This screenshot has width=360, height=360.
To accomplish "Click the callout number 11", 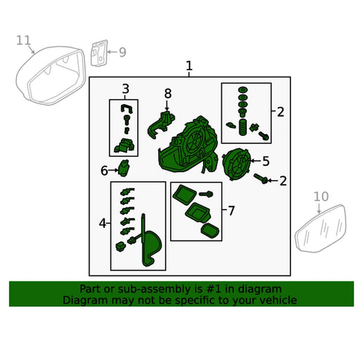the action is [23, 40].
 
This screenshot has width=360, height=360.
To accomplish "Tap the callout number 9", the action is [122, 52].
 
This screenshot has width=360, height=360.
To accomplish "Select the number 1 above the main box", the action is [189, 66].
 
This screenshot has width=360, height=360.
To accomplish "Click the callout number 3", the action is [126, 89].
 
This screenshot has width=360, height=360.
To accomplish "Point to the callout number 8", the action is [168, 94].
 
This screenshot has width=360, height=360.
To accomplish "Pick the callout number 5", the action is [266, 161].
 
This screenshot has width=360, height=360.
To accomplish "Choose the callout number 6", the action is [104, 171].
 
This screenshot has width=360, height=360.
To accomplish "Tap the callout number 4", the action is [103, 224].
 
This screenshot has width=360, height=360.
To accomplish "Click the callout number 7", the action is [231, 211].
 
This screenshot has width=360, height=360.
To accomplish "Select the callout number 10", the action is [321, 196].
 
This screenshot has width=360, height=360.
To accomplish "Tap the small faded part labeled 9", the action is [99, 53].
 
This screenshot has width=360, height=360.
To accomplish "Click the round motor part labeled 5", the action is [236, 164].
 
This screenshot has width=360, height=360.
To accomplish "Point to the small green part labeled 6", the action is [124, 167].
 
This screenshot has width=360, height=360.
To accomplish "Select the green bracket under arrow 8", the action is [160, 124].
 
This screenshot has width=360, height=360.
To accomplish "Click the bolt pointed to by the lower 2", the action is [261, 179].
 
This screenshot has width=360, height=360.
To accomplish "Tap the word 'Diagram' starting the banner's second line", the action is [85, 300].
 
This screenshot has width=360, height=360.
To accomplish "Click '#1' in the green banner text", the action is [214, 289].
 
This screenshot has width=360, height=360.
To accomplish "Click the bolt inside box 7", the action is [206, 194].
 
